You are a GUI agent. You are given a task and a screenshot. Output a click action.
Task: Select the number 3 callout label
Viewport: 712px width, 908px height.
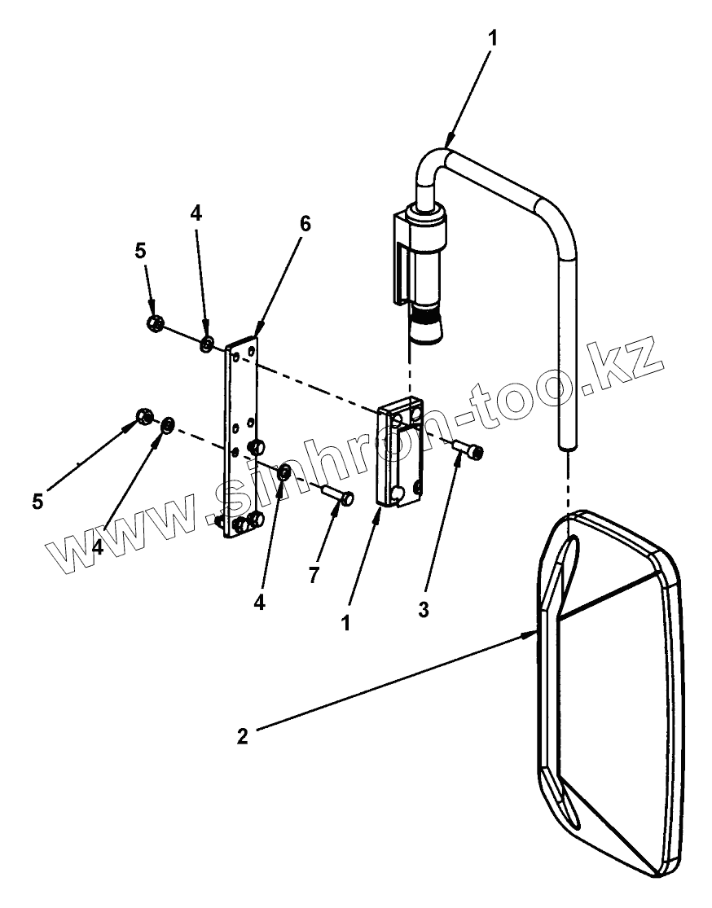pyautogui.click(x=424, y=608)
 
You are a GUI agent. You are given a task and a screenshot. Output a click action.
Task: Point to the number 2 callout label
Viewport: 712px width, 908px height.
pyautogui.click(x=242, y=736)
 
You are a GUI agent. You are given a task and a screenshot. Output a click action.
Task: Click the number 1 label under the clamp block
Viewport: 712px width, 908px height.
pyautogui.click(x=346, y=623)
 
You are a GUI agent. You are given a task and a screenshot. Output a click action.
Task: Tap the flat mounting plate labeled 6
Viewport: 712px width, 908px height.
pyautogui.click(x=241, y=440)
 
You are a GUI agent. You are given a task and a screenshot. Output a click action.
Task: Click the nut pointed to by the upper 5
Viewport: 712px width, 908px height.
pyautogui.click(x=153, y=323)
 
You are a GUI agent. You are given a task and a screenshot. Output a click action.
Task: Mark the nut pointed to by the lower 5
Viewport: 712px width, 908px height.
pyautogui.click(x=143, y=417)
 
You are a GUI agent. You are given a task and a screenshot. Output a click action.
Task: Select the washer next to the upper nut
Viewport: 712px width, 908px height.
pyautogui.click(x=208, y=344)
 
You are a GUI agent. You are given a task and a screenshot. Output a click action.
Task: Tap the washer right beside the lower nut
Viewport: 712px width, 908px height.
pyautogui.click(x=168, y=424)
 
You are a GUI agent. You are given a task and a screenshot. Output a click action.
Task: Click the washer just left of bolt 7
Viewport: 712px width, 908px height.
pyautogui.click(x=284, y=474)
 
